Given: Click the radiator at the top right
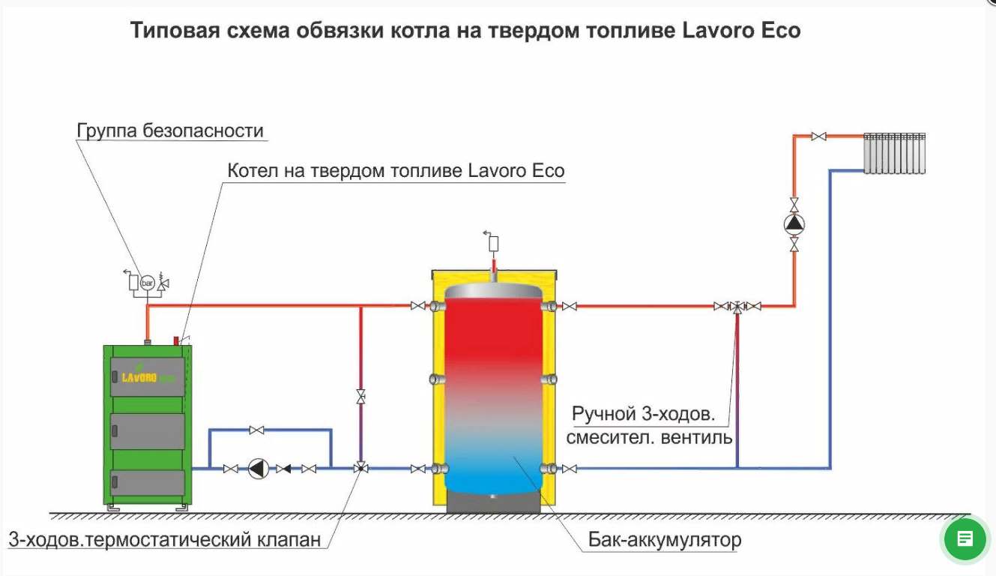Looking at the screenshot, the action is tap(895, 153).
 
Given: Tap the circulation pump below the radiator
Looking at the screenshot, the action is tap(794, 224).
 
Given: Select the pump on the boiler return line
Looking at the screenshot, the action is tap(259, 468).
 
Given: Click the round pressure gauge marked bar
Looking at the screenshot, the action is tap(147, 283).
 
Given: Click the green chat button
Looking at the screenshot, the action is tap(965, 539).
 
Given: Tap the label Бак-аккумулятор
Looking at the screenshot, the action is tap(665, 539).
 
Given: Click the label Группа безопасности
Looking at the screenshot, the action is tap(170, 130).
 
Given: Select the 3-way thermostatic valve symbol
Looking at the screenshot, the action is tap(360, 468).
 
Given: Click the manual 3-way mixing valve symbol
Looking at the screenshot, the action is tap(737, 307).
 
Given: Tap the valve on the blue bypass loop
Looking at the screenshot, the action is tap(256, 430).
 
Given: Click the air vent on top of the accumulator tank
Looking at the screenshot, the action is tap(492, 244).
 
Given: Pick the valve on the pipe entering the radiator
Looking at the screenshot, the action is tap(818, 136).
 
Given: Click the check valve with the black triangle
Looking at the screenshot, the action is tap(284, 469).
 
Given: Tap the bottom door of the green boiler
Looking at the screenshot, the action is tap(147, 483).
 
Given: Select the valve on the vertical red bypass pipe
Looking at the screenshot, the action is tap(360, 396).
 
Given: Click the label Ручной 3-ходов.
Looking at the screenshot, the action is tap(644, 414).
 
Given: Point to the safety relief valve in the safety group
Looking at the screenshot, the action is tap(163, 282).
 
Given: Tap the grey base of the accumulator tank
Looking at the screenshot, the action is tap(493, 502).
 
